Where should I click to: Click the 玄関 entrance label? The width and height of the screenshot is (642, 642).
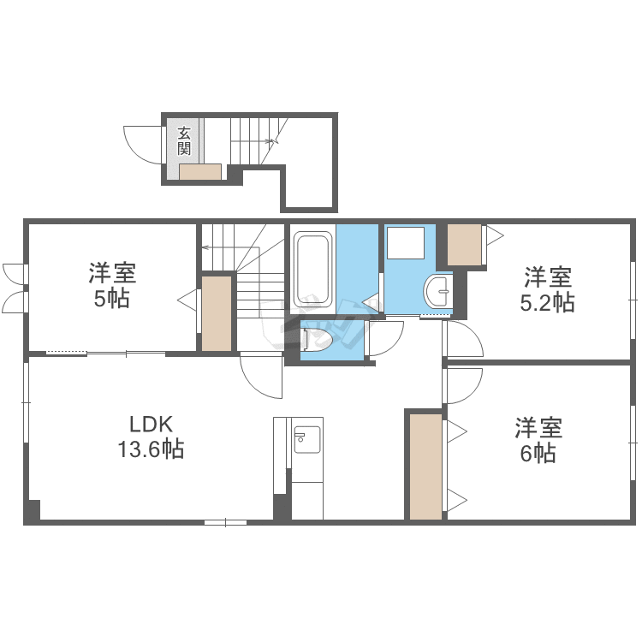click(x=184, y=141)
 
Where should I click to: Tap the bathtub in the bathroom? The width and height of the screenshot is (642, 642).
click(x=313, y=270)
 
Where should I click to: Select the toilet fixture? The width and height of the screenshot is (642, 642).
click(x=318, y=338)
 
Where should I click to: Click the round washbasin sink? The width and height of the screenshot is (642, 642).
click(x=438, y=292)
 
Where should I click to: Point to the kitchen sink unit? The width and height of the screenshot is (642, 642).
click(x=307, y=439)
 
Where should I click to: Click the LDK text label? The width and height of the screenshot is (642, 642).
click(x=151, y=425)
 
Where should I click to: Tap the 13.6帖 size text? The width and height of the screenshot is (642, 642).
click(x=151, y=449)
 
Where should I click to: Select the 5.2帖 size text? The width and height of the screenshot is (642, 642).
click(x=547, y=303)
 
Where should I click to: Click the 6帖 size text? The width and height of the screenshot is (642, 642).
click(x=538, y=454)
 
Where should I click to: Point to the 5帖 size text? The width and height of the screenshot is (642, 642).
click(x=112, y=299)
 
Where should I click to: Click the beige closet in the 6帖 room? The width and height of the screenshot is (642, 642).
click(x=425, y=467)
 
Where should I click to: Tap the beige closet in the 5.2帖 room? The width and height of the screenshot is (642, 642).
click(x=464, y=245)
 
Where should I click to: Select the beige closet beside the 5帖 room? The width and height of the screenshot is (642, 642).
click(x=217, y=313)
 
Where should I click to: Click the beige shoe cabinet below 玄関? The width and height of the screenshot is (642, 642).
click(x=200, y=171)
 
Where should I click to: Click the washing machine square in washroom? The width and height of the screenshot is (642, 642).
click(x=406, y=243)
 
